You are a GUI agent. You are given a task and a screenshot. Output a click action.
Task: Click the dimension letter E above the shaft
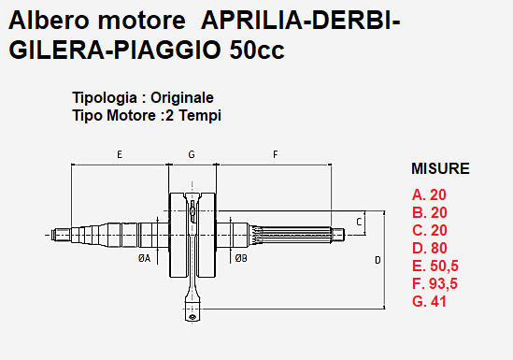click(120, 152)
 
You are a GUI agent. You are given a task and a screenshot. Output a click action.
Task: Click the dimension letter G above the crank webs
click(192, 152)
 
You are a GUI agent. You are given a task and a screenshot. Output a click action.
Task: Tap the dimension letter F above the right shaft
click(275, 152)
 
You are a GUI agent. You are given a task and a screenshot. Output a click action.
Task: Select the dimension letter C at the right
click(359, 222)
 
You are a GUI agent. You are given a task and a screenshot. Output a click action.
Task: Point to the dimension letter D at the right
click(378, 259)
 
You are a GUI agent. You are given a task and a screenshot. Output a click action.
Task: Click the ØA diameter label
click(144, 257)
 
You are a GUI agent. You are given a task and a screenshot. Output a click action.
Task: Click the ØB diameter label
click(241, 257)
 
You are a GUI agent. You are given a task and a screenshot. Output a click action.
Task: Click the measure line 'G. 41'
click(429, 301)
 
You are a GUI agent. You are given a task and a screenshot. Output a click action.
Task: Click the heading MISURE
click(440, 169)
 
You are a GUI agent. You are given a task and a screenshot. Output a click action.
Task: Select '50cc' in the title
click(257, 50)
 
